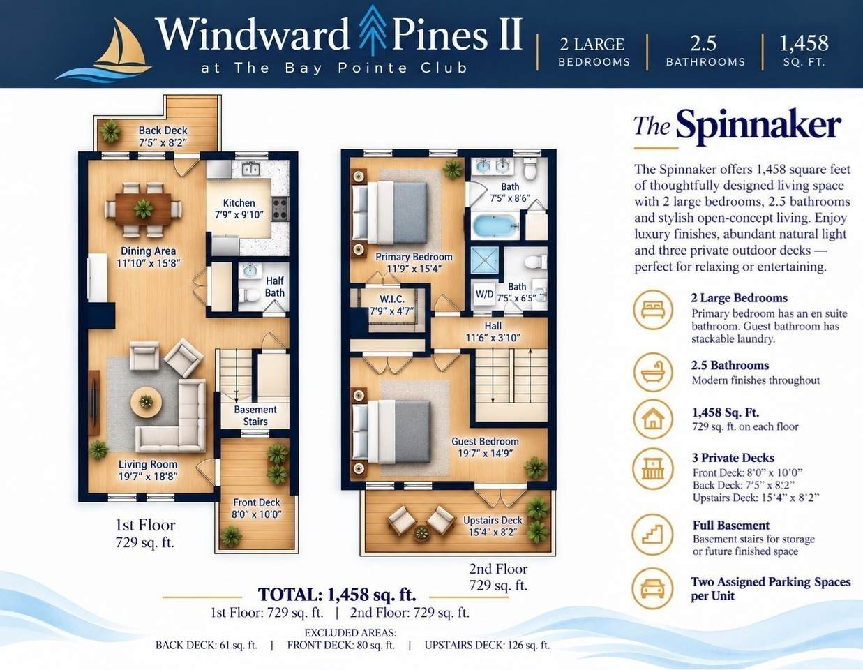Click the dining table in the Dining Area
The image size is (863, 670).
[x=144, y=209]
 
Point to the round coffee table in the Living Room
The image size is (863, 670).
[x=146, y=402]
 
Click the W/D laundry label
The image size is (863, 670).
[x=484, y=295]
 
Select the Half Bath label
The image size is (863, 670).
[x=274, y=287]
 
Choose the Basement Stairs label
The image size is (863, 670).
[x=255, y=415]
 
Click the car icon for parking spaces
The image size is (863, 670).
[x=653, y=588]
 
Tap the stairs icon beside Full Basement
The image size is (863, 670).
[x=653, y=534]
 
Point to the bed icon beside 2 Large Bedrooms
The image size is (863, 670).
[x=653, y=310]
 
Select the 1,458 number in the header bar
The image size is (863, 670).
[x=804, y=43]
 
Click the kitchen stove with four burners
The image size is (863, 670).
[x=280, y=209]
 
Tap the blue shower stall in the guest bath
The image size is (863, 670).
[x=484, y=260]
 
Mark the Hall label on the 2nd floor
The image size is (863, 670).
[x=493, y=326]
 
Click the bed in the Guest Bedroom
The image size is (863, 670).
[x=391, y=432]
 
